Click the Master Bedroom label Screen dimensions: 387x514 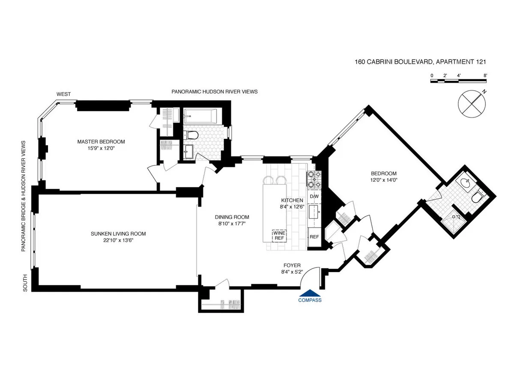[x=101, y=142]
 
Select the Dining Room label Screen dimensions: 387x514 [x=232, y=217]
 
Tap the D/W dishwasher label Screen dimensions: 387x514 [x=314, y=197]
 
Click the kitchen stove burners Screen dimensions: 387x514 [x=314, y=180]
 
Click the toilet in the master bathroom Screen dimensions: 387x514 [x=192, y=135]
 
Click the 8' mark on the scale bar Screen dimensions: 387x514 [x=485, y=75]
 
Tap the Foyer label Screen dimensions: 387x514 [x=292, y=265]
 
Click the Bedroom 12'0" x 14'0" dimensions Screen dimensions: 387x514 [x=384, y=180]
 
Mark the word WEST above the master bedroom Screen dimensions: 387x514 [x=64, y=94]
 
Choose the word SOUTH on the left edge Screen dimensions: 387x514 [x=25, y=283]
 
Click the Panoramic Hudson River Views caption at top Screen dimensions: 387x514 [x=214, y=92]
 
